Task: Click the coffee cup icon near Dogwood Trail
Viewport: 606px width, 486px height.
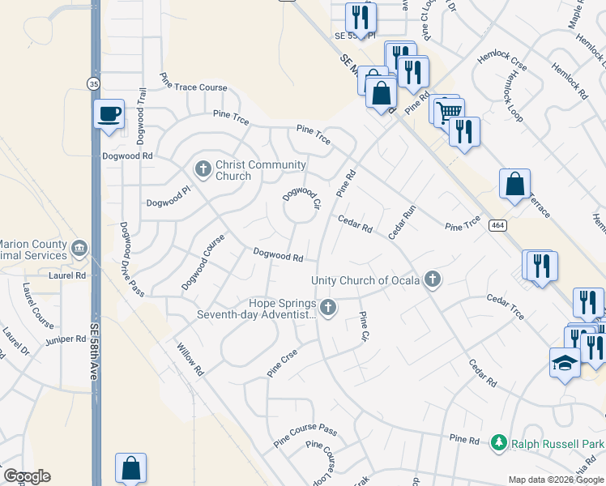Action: [x=109, y=114]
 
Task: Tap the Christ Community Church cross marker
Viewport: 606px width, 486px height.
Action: [x=203, y=169]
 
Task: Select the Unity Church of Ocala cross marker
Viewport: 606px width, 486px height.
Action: [x=433, y=280]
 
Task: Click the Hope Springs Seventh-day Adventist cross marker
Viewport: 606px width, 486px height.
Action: [x=327, y=307]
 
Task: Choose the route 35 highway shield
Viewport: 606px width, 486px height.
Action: [x=94, y=83]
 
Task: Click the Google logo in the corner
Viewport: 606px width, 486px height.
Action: [x=27, y=476]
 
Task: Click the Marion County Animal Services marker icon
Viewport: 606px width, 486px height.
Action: [x=79, y=247]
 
